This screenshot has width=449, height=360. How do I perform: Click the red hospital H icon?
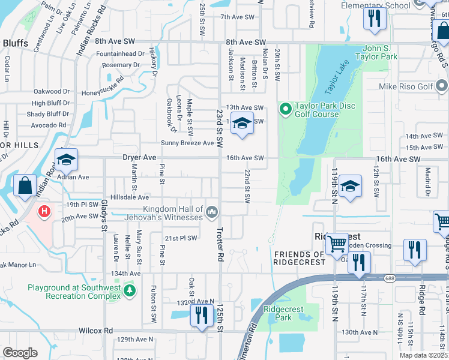[x=44, y=211]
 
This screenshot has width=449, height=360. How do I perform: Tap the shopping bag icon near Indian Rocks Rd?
[x=26, y=185]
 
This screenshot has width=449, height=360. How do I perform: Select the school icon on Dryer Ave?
[x=66, y=160]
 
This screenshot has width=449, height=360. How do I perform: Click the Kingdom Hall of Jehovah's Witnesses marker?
[x=211, y=212]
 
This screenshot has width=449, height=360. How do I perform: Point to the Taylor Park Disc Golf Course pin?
[x=285, y=110]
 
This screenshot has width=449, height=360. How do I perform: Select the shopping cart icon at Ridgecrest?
[x=337, y=244]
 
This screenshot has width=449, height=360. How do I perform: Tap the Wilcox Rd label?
[x=95, y=330]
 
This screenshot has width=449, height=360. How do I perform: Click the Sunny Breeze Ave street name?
[x=187, y=143]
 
